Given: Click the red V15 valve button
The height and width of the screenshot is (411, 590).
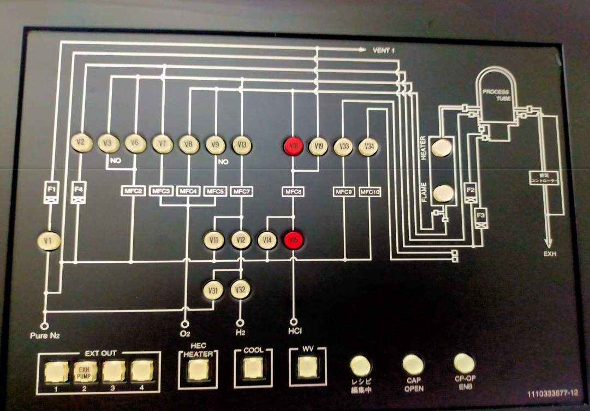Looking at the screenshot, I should coord(294,240).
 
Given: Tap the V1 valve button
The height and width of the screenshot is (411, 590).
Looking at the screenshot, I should coord(48,240).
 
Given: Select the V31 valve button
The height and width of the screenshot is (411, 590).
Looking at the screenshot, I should coord(213,290).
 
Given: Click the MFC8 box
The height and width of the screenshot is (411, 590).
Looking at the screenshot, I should coord(293,192).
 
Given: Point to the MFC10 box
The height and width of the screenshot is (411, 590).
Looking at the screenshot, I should coord(371,192).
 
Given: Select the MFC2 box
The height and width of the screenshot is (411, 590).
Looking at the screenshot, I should coord(133,191).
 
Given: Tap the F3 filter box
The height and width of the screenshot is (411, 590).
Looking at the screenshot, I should coord(481,215).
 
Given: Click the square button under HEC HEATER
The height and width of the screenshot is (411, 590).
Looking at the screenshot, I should coord(198,371).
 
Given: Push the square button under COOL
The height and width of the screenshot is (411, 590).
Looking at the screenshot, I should coord(253,369).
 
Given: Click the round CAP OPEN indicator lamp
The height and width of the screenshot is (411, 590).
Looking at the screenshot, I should coord(413,363).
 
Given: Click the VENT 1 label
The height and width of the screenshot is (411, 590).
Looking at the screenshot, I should coord(384,51).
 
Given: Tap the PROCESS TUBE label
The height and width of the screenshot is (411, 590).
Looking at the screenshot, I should coord(496,94).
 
